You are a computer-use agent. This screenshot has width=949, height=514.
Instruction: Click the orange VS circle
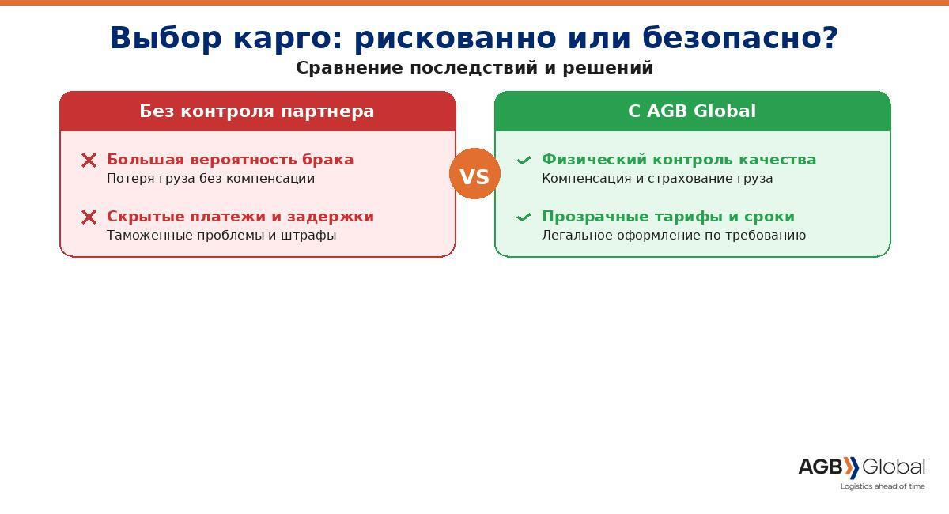pyautogui.click(x=475, y=174)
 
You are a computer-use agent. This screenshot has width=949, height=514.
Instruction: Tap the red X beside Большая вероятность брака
pyautogui.click(x=89, y=161)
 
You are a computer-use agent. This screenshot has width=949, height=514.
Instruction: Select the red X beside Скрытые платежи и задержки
pyautogui.click(x=89, y=217)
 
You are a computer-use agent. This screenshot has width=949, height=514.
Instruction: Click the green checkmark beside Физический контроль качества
pyautogui.click(x=524, y=161)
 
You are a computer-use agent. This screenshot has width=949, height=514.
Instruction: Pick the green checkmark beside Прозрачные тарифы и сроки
pyautogui.click(x=524, y=217)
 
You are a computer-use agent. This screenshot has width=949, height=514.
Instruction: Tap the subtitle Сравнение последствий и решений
pyautogui.click(x=475, y=68)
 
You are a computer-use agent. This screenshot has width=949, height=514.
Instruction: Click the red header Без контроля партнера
pyautogui.click(x=257, y=111)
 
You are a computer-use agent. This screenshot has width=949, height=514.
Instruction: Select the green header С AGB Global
pyautogui.click(x=692, y=111)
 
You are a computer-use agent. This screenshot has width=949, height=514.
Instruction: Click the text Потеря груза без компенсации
pyautogui.click(x=210, y=179)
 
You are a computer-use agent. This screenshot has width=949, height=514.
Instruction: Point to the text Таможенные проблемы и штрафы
pyautogui.click(x=221, y=235)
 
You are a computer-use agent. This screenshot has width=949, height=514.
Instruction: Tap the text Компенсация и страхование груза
pyautogui.click(x=657, y=179)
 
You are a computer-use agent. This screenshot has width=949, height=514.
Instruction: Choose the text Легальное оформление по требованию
pyautogui.click(x=674, y=235)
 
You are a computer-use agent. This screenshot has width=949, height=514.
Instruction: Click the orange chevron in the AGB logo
pyautogui.click(x=851, y=467)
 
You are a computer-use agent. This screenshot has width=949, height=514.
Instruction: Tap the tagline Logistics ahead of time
pyautogui.click(x=883, y=486)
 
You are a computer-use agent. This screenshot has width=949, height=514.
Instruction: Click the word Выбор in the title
pyautogui.click(x=165, y=38)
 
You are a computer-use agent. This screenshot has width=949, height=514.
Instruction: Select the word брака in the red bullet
pyautogui.click(x=327, y=159)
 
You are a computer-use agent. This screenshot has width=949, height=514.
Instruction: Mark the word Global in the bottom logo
pyautogui.click(x=894, y=467)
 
